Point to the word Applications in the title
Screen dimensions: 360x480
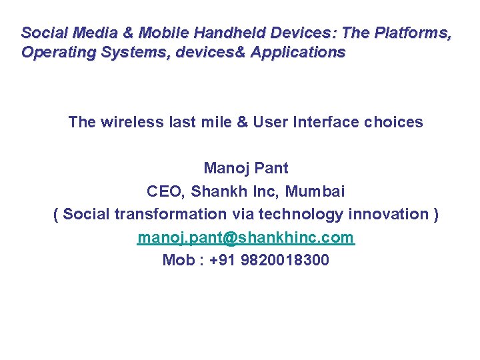[298, 52]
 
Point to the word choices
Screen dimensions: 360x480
[395, 122]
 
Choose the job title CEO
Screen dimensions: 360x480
[165, 191]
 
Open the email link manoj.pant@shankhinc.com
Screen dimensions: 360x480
[245, 237]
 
